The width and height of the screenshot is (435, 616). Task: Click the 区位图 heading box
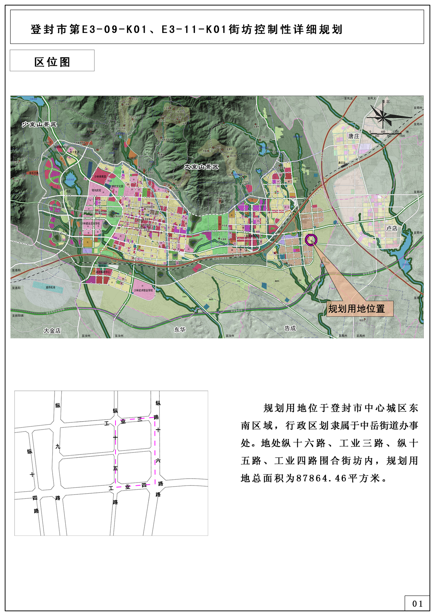pyautogui.click(x=52, y=61)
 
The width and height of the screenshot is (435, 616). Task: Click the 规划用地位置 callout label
pyautogui.click(x=356, y=309)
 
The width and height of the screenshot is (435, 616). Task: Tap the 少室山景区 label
pyautogui.click(x=39, y=124)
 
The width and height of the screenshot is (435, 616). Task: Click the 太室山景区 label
pyautogui.click(x=201, y=167)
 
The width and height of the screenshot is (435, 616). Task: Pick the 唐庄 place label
pyautogui.click(x=354, y=136)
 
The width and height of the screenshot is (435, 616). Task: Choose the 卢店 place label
pyautogui.click(x=391, y=228)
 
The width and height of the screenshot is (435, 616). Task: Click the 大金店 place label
pyautogui.click(x=52, y=330)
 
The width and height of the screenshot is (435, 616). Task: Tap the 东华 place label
pyautogui.click(x=180, y=329)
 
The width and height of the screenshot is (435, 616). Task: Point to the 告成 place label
pyautogui.click(x=290, y=328)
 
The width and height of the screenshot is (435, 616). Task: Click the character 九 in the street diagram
pyautogui.click(x=58, y=447)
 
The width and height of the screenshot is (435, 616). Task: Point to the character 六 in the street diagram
pyautogui.click(x=158, y=460)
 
